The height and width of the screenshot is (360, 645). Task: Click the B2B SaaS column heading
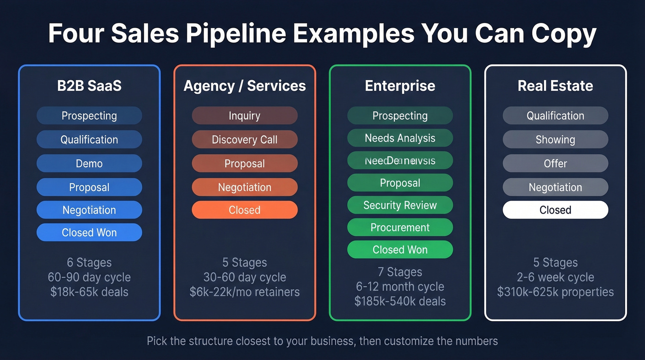(89, 86)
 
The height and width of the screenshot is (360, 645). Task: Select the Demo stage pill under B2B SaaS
(89, 164)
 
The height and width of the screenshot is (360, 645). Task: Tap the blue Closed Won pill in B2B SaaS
(89, 233)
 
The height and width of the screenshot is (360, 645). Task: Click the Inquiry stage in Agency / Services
(245, 116)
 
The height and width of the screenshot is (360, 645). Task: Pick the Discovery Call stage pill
(245, 140)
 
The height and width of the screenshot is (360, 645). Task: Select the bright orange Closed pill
(245, 210)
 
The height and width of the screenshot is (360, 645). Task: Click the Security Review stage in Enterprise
(400, 205)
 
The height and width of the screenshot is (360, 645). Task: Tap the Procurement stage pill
(400, 227)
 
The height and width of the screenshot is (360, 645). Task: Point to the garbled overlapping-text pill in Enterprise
(400, 161)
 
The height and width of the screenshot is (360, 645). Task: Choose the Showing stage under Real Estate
(555, 140)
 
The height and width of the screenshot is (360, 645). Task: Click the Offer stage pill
(555, 164)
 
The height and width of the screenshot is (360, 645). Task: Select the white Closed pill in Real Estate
(555, 210)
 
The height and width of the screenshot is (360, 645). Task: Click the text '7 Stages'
(400, 272)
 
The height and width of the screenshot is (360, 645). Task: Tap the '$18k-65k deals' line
(89, 292)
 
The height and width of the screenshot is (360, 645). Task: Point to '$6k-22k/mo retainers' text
(245, 292)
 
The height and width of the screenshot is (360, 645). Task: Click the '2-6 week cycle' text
(555, 277)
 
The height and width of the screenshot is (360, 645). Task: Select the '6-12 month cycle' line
(400, 287)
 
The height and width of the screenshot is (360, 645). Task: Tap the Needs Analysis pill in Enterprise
(400, 138)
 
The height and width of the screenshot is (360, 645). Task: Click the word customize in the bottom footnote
(408, 342)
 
